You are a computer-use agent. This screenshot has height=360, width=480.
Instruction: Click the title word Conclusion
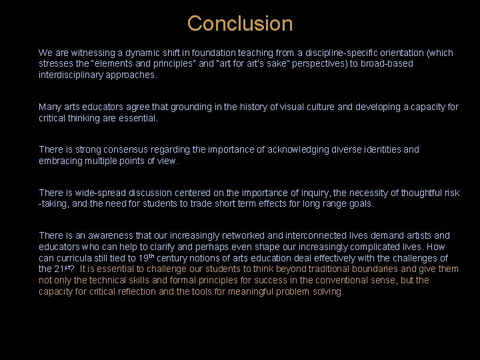pyautogui.click(x=239, y=23)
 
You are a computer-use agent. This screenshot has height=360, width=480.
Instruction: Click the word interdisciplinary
pyautogui.click(x=76, y=75)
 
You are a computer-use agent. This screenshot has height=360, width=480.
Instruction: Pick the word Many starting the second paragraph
pyautogui.click(x=50, y=107)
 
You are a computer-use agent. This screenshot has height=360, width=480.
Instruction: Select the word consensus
pyautogui.click(x=127, y=150)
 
